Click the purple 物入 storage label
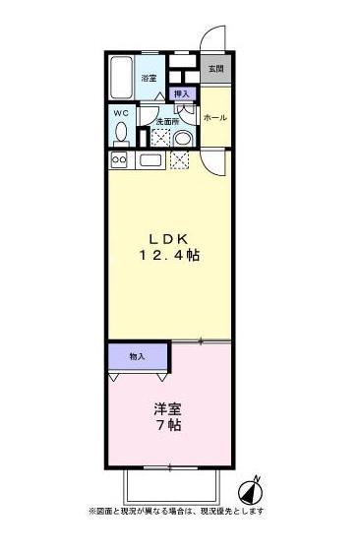click(x=138, y=355)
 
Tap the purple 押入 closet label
click(x=182, y=94)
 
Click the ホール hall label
click(x=214, y=118)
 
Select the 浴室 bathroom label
click(x=149, y=78)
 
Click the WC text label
click(x=120, y=113)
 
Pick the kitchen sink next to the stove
click(x=150, y=159)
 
